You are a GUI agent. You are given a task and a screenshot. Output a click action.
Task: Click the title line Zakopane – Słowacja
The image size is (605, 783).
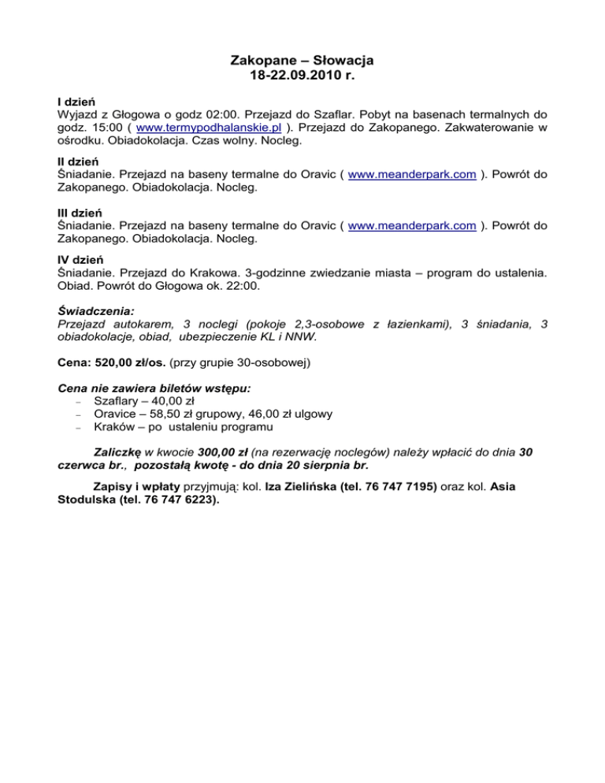click(x=302, y=61)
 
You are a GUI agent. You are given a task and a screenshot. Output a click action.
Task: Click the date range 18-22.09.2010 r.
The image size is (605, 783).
click(x=302, y=76)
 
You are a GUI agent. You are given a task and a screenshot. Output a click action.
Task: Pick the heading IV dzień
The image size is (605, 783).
click(x=80, y=259)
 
